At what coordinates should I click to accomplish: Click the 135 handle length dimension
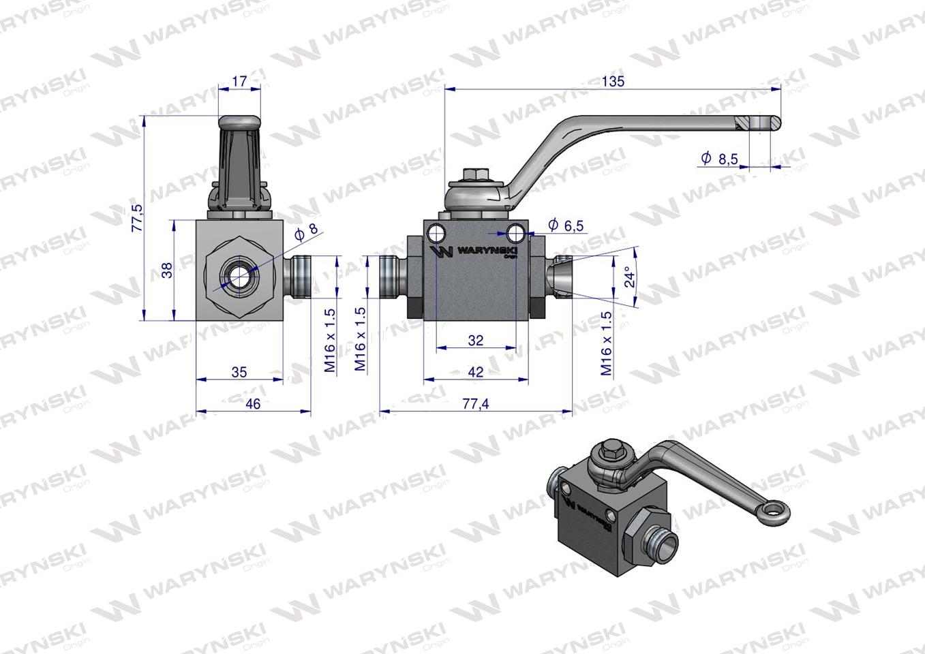613,81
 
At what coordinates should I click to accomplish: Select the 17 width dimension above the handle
239,81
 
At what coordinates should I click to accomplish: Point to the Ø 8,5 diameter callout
719,159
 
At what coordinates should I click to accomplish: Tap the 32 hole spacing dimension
475,340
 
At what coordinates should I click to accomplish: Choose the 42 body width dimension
476,372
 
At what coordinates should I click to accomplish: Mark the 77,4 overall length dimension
475,404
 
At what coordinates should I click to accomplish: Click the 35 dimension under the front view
239,372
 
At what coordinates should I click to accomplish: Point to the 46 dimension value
253,404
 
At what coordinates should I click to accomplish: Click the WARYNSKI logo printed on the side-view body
475,251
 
